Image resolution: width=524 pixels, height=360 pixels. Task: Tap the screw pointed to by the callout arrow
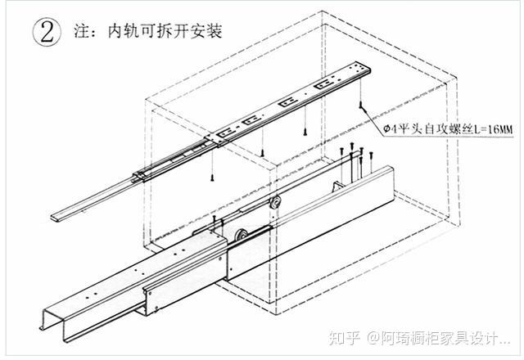click(359, 109)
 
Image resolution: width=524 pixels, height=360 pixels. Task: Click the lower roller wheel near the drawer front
click(243, 238)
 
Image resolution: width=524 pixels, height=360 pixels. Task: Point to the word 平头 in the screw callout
click(406, 128)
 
